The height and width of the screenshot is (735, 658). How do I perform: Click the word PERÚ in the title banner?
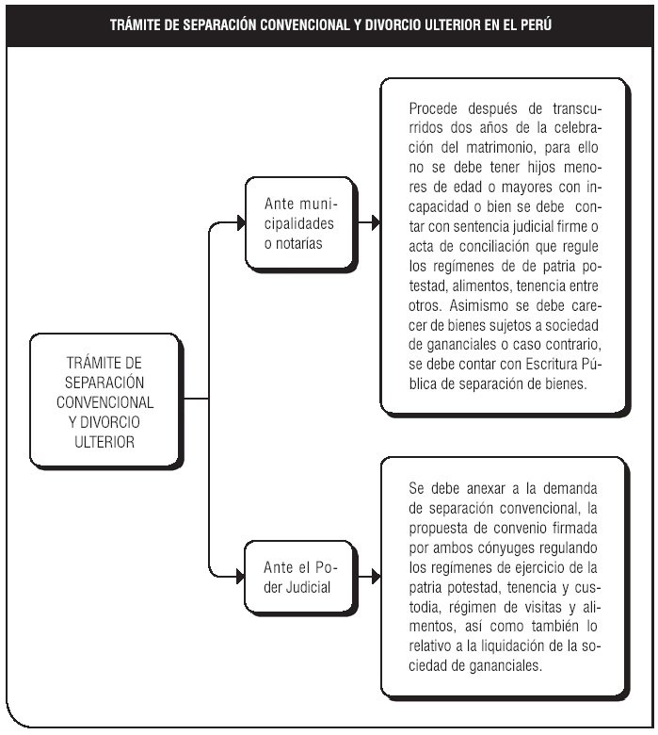[x=535, y=23]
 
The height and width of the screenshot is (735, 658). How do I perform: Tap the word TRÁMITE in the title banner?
[x=136, y=23]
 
